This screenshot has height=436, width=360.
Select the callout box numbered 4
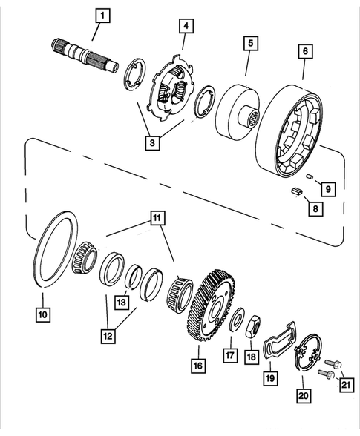point(186,26)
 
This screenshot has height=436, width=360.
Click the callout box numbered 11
point(157,218)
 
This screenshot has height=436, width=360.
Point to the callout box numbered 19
point(271,376)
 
